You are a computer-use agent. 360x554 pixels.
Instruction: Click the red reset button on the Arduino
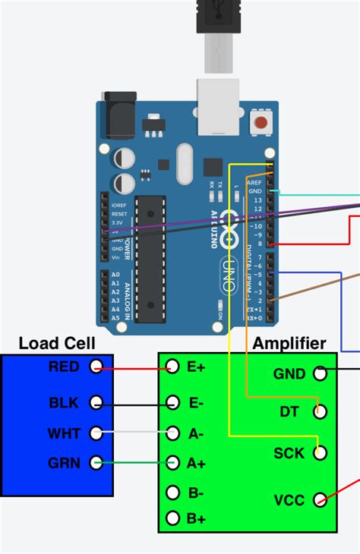tap(261, 122)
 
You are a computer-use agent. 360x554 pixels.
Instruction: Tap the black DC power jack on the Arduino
tap(116, 115)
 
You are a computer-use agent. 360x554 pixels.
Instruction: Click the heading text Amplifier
tap(289, 343)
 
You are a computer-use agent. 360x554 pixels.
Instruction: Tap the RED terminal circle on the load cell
tap(96, 367)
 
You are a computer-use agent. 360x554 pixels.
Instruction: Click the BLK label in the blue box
tap(63, 403)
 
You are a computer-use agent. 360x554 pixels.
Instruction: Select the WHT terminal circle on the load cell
tap(96, 433)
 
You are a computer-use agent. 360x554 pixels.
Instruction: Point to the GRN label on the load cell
tap(63, 461)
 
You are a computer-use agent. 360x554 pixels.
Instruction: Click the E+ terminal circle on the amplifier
tap(173, 367)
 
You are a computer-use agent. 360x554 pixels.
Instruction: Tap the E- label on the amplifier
tap(196, 403)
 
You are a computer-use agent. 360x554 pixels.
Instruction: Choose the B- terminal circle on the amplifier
tap(173, 493)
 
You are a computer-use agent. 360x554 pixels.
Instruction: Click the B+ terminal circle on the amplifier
tap(173, 519)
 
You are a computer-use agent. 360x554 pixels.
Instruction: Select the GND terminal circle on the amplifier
tap(320, 373)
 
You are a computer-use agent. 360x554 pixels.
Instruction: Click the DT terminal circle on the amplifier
tap(320, 412)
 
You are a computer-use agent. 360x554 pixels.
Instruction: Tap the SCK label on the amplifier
tap(289, 453)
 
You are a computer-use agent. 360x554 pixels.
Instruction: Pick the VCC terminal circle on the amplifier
tap(320, 499)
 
